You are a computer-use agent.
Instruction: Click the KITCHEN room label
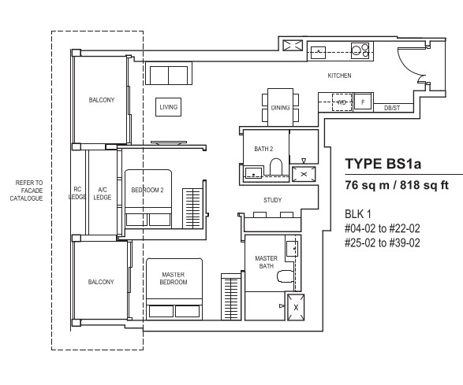339,76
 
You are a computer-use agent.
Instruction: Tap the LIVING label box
168,107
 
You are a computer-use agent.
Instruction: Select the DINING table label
280,108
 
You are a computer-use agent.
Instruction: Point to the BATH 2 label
263,149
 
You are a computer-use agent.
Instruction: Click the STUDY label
272,200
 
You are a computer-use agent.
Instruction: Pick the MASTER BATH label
266,262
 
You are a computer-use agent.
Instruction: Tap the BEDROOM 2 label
147,191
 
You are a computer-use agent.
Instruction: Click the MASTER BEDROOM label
174,278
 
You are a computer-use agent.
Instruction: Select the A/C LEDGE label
103,194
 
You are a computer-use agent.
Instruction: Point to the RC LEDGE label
77,193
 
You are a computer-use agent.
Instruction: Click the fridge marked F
363,102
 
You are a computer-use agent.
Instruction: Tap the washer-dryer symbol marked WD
342,102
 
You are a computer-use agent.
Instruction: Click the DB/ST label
392,108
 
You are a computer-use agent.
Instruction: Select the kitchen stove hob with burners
360,50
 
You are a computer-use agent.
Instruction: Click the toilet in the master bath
286,276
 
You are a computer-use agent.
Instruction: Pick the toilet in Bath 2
276,167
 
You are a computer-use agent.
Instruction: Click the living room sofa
169,73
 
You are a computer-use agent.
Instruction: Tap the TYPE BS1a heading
383,164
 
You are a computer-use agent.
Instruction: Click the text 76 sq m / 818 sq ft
397,185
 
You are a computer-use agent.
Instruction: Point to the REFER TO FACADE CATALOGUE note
27,191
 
